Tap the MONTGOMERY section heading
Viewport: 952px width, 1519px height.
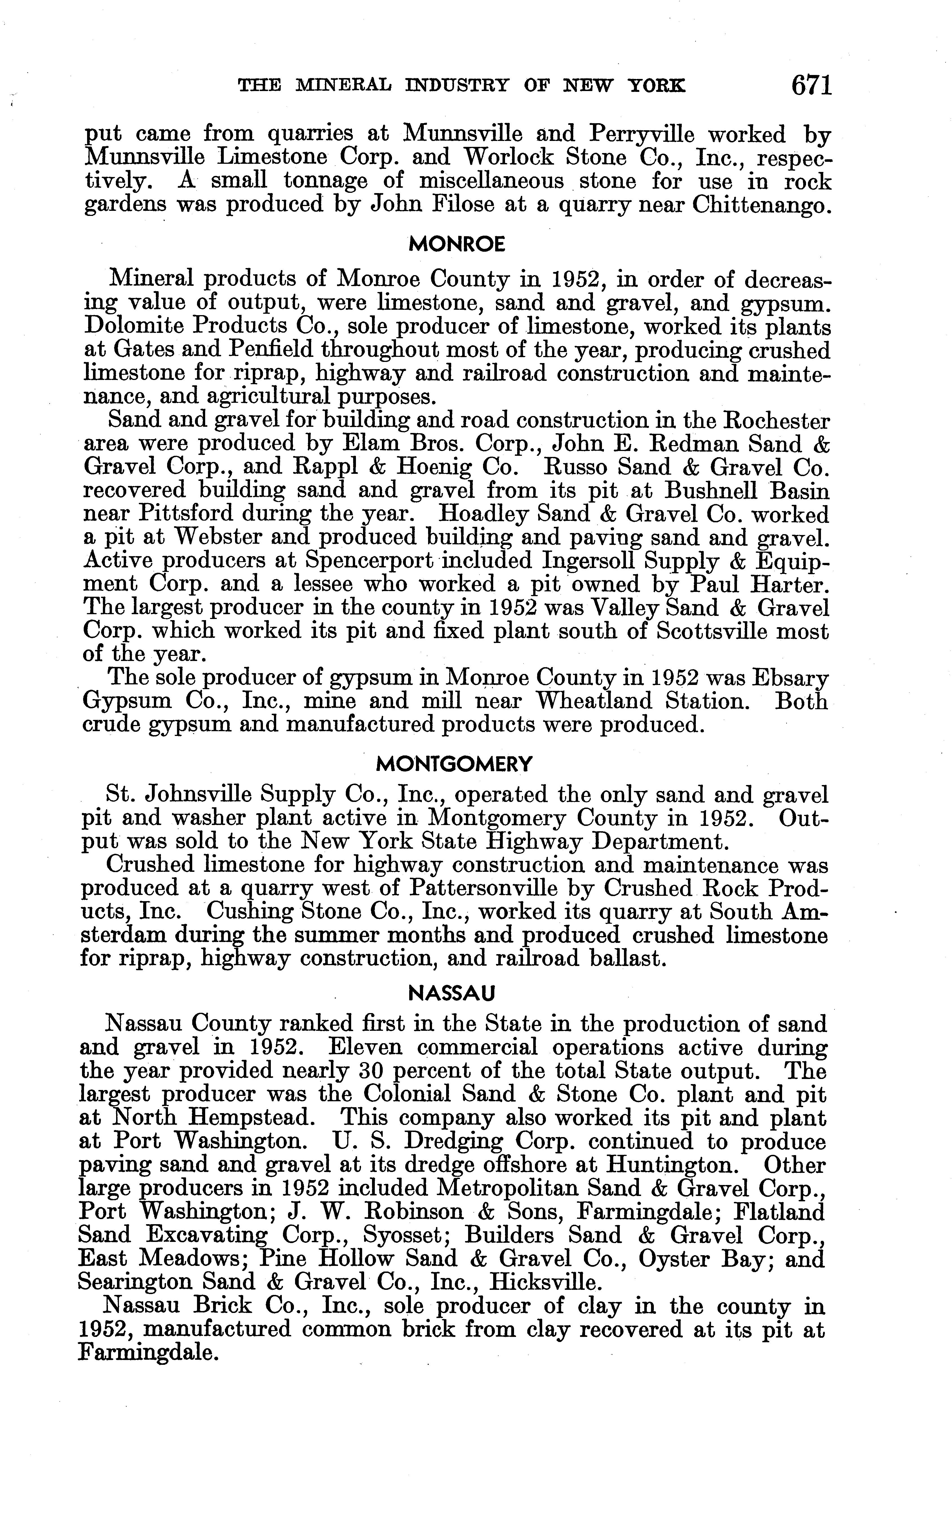454,764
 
